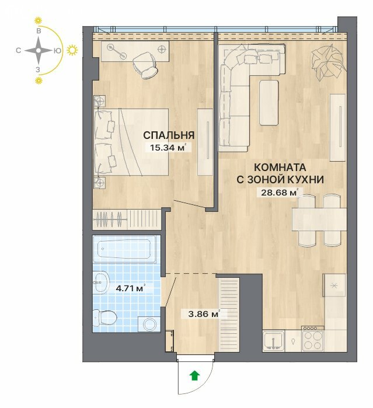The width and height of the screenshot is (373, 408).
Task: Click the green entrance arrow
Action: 194,376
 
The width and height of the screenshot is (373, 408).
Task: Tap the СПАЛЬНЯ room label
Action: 169,135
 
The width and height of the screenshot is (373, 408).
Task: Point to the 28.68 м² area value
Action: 278,193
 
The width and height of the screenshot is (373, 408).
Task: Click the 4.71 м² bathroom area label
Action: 130,288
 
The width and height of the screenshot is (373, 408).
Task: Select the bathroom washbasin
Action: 101,283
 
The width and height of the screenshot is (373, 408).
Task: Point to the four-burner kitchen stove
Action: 313,339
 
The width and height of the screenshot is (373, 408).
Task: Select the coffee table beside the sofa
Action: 269,103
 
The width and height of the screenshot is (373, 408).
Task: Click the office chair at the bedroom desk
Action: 146,65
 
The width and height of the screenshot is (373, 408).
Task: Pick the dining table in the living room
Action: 319,219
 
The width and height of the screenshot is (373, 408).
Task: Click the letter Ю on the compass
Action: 57,51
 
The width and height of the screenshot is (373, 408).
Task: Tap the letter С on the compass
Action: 18,50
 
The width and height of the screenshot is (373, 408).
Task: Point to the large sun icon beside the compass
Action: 72,50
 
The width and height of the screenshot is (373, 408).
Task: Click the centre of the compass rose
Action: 39,50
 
